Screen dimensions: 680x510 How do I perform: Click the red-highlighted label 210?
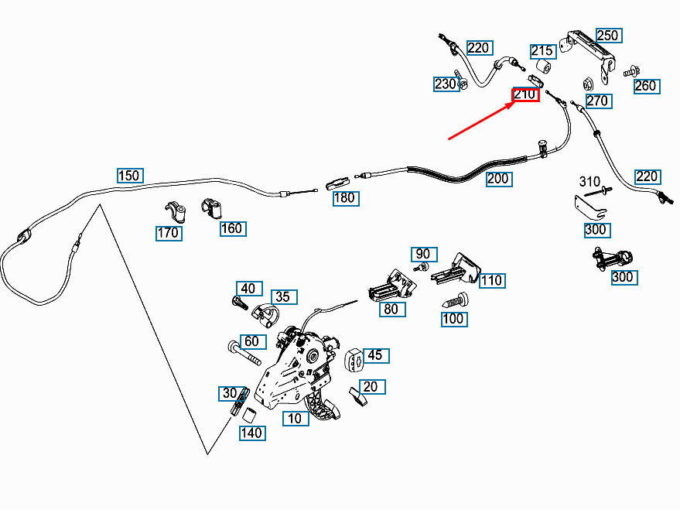pos(525,94)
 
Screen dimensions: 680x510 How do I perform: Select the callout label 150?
pos(130,176)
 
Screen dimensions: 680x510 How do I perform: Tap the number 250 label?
pos(608,36)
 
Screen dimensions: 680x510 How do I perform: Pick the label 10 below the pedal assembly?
pos(296,419)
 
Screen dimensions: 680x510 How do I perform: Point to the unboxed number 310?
pos(589,181)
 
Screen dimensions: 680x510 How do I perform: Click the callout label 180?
pos(346,198)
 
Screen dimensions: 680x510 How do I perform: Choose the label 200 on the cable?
pos(499,179)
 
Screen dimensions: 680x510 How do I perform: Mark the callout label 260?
pos(647,86)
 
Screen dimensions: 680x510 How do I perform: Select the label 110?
pos(492,281)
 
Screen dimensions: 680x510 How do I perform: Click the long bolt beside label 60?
pos(244,354)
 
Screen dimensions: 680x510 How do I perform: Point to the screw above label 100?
pos(455,299)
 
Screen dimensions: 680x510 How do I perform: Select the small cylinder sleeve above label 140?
pos(248,415)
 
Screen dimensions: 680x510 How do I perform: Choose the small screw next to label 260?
pos(632,70)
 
